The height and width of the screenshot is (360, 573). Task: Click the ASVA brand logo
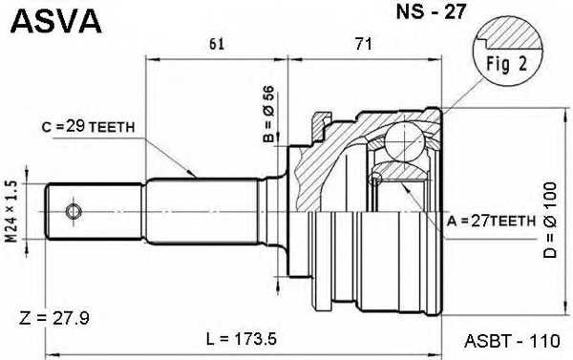tap(54, 20)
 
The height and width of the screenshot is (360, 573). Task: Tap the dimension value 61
tap(216, 43)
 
